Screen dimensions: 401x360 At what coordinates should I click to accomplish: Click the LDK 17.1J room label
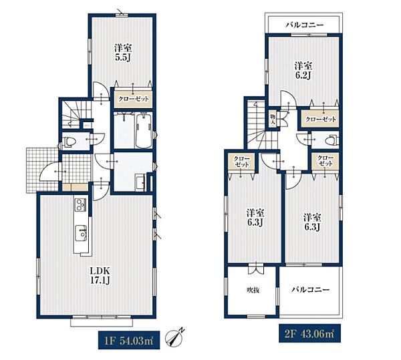coord(100,275)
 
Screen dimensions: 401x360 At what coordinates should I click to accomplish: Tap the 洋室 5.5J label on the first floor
coord(123,52)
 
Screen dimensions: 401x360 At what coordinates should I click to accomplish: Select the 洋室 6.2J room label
coord(303,71)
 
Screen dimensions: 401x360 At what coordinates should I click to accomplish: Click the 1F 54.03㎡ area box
coord(129,340)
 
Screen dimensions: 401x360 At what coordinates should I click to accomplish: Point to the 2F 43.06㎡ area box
coord(309,333)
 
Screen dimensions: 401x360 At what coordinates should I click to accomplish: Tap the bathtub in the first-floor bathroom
coord(144,131)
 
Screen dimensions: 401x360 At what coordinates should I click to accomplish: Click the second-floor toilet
coord(333,140)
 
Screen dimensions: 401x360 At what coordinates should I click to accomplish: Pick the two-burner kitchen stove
coord(81,204)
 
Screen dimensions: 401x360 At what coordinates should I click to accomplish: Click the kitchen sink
coord(81,233)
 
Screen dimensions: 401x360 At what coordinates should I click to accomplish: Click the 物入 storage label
coord(273,120)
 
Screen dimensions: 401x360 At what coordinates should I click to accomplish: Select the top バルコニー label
coord(305,25)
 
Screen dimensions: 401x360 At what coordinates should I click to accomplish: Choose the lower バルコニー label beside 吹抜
coord(311,290)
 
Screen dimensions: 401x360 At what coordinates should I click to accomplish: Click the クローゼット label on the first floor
coord(133,99)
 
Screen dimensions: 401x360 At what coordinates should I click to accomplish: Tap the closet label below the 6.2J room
coord(321,119)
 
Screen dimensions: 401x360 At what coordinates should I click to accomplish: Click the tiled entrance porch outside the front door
coord(42,170)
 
